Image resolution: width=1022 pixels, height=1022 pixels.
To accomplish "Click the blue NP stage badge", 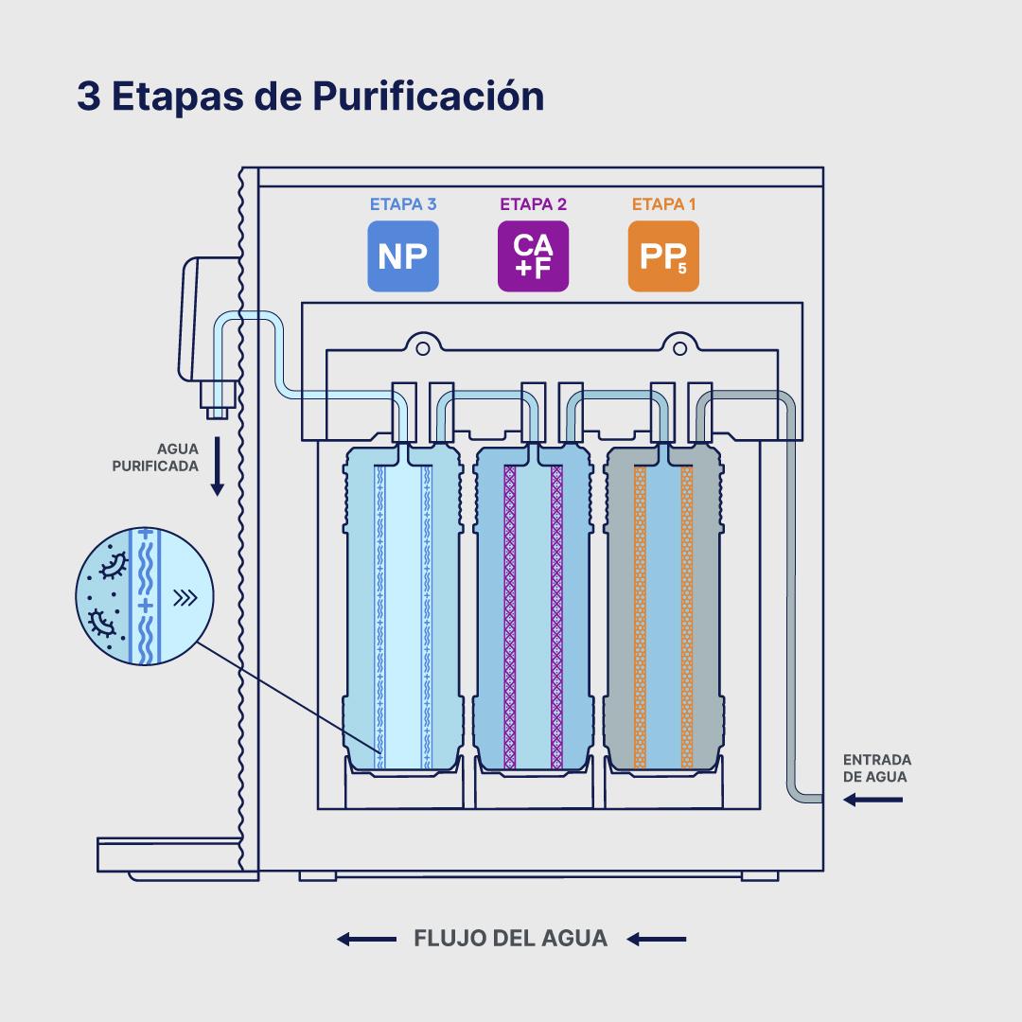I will [402, 255].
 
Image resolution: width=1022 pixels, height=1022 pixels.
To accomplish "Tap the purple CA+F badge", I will [533, 255].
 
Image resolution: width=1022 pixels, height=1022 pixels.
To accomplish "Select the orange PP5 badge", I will [663, 255].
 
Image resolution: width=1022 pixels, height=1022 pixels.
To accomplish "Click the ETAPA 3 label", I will [402, 203].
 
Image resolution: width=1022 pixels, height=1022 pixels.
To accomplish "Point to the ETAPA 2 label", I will [533, 203].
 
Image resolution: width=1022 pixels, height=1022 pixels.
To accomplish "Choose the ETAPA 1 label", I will [663, 203].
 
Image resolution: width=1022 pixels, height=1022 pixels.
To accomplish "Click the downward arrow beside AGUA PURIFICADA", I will [217, 467].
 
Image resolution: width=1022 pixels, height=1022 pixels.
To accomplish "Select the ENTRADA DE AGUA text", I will [877, 767].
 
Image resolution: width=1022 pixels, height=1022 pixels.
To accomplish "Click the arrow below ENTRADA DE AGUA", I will [872, 801].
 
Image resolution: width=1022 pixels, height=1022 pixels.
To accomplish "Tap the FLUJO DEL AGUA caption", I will [511, 939].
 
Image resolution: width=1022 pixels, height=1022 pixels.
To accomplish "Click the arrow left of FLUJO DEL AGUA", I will [366, 939].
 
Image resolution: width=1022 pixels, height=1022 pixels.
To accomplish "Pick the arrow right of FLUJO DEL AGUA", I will [656, 939].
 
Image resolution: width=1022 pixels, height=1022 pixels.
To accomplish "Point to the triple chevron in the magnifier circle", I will [185, 597].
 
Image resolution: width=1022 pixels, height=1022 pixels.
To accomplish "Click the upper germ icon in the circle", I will [115, 565].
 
